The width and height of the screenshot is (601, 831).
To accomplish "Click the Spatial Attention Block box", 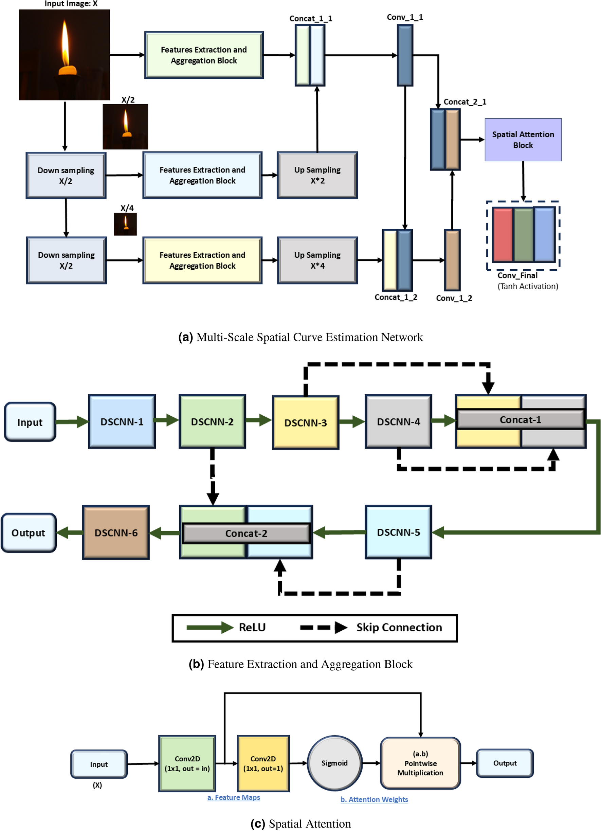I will point(523,140).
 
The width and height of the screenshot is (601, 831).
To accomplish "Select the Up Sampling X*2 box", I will point(317,175).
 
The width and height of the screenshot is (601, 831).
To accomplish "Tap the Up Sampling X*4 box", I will point(317,260).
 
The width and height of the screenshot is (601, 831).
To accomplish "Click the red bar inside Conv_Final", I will point(503,235).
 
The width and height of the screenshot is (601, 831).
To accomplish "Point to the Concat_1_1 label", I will point(311,19).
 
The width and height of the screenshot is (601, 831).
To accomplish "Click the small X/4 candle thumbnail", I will point(125,224).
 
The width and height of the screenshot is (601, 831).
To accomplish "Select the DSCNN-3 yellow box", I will point(306,422).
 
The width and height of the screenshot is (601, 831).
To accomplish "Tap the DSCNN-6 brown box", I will point(116,532).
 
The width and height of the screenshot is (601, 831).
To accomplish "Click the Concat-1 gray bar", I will point(520,419).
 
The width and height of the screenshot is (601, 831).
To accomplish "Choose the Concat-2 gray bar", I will point(246,533).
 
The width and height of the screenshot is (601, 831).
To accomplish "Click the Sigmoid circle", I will point(334,763).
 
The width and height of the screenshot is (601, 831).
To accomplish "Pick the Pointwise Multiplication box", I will point(420,763).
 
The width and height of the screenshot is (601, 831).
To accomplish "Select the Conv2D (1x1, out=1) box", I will point(263,763).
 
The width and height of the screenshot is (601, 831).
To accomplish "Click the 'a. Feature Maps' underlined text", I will point(234,797).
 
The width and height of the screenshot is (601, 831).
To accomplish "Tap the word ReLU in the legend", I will point(252,627).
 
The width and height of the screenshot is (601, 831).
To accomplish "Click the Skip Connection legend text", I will point(399,627).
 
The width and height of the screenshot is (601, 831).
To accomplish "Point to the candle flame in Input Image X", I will point(65,44).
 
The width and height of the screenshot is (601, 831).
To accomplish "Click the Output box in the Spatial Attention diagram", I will point(505,763).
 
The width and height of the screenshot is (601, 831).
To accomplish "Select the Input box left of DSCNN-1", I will point(30,422).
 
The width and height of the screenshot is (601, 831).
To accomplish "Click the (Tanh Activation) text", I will point(527,286).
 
